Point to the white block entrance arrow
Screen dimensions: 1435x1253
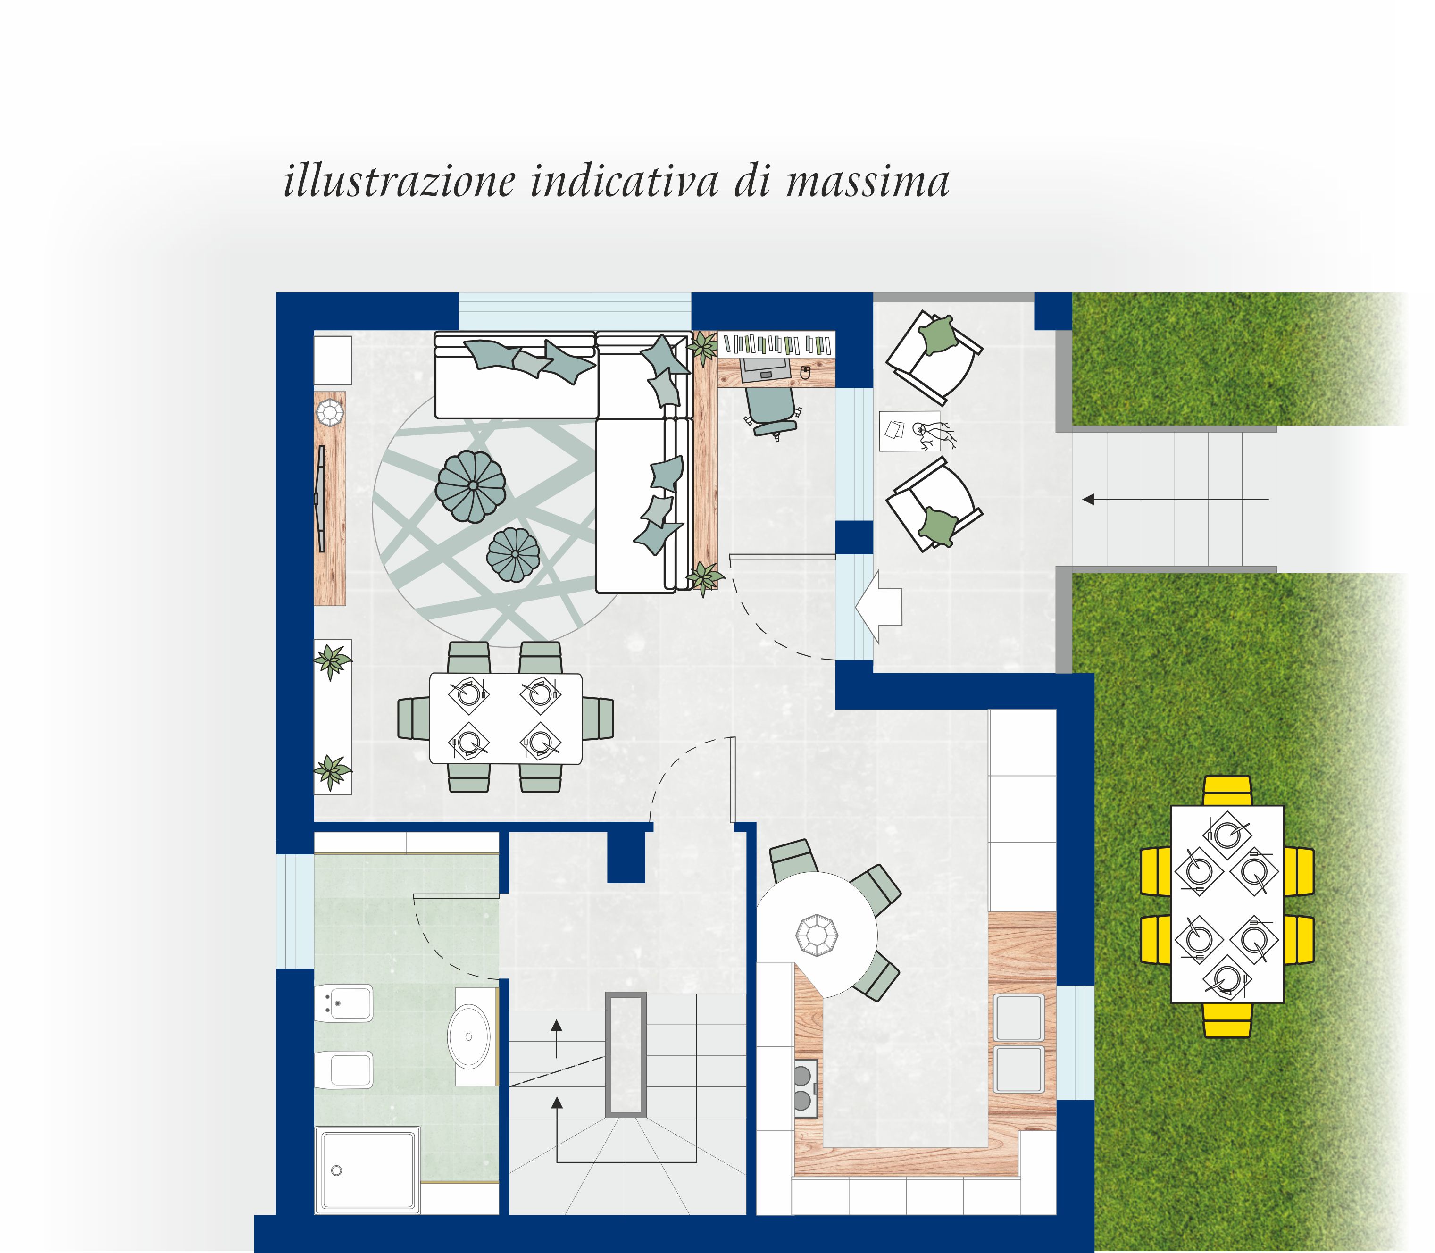(x=879, y=606)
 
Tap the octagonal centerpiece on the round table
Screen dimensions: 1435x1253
(x=817, y=934)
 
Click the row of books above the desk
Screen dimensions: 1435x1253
(x=778, y=343)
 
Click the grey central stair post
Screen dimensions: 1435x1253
(x=625, y=1054)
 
